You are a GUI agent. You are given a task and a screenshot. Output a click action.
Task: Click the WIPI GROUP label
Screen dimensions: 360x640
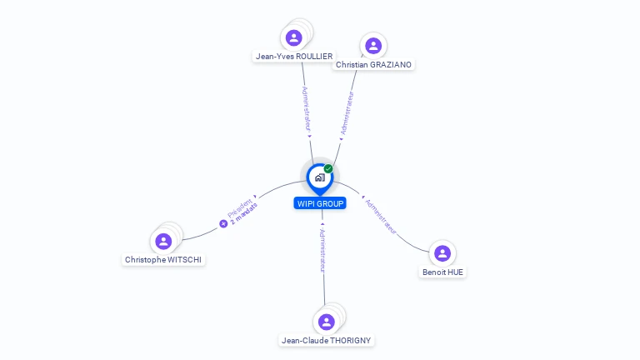[320, 203]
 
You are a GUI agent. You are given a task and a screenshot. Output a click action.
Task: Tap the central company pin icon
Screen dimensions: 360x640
[320, 177]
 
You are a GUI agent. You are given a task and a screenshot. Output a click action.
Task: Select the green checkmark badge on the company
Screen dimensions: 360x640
[328, 169]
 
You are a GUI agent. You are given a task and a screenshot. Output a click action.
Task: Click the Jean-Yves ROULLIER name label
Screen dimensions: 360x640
[294, 57]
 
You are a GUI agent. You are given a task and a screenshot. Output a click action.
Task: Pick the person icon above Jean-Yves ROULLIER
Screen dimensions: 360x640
[294, 37]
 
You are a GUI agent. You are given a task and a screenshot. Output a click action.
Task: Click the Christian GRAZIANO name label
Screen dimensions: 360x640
[373, 64]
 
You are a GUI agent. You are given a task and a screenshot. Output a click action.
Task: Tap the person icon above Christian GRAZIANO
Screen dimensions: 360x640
[373, 46]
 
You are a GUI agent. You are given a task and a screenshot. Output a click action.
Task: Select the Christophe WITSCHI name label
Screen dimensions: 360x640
[163, 259]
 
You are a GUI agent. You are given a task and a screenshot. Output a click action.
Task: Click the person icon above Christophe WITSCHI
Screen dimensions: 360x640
[163, 241]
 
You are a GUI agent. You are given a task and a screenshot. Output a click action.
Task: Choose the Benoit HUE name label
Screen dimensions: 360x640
[442, 272]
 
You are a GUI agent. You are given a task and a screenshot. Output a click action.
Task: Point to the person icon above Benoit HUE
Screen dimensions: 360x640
[442, 253]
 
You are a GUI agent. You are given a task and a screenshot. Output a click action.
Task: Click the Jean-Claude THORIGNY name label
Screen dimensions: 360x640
[327, 340]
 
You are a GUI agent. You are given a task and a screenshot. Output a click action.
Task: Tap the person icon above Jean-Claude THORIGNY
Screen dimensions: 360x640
[327, 322]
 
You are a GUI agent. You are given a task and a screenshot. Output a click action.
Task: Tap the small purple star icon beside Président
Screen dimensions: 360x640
[223, 223]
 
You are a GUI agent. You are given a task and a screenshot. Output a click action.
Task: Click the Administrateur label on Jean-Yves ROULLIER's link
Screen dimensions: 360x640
[306, 110]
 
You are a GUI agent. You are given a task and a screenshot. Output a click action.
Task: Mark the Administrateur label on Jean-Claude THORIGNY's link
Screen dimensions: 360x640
[323, 249]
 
